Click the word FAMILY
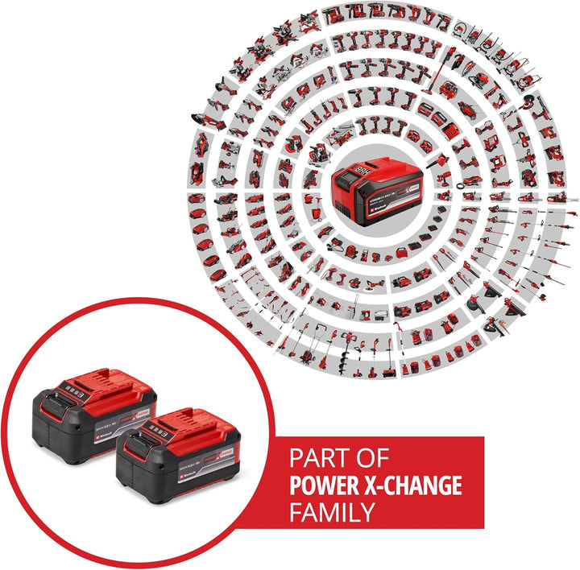click(331, 511)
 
